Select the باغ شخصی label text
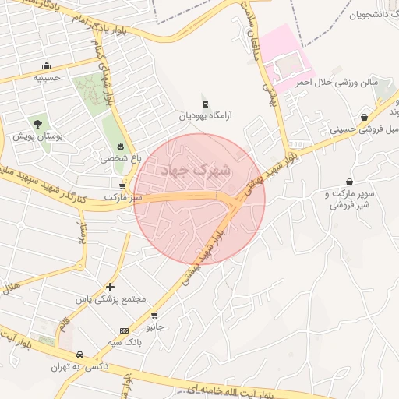pos(116,157)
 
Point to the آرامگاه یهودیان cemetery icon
pos(205,104)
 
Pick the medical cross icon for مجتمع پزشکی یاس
pos(110,288)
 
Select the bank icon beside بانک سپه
pos(125,330)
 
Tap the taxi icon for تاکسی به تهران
pos(79,355)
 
